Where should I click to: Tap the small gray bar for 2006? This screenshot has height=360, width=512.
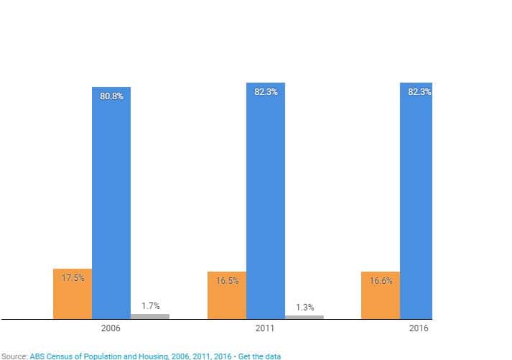click(150, 316)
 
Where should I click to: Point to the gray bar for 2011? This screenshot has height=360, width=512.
click(304, 317)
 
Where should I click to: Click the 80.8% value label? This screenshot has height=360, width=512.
click(111, 96)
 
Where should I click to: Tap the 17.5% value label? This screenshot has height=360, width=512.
click(73, 277)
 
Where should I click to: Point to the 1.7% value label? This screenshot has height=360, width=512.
click(150, 306)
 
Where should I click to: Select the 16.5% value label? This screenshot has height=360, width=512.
click(227, 280)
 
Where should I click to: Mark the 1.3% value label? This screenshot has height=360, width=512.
click(304, 307)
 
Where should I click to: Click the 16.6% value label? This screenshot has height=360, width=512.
click(381, 280)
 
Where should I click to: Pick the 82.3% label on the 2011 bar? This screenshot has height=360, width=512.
click(266, 91)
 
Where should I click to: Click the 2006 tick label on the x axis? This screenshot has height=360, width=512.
click(111, 328)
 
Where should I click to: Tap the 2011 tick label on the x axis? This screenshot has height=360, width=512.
click(265, 328)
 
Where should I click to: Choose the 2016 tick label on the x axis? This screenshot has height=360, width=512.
click(419, 328)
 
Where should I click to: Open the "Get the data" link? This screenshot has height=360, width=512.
click(259, 356)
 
